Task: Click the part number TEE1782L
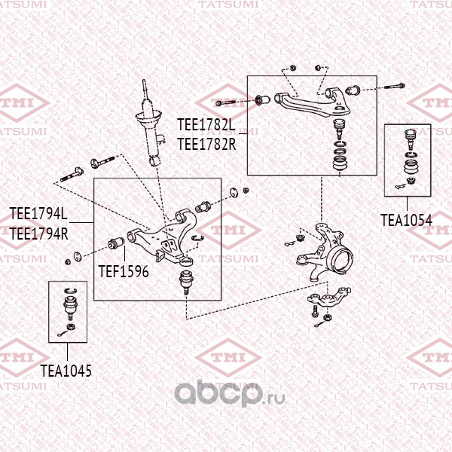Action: point(206,122)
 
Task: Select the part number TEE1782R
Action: point(206,140)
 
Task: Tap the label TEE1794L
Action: point(38,214)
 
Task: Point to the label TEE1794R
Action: point(38,233)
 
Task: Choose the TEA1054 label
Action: point(406,220)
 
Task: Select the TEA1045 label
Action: point(66,371)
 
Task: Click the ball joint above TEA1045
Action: point(69,304)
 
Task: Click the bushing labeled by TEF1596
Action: point(117,243)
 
